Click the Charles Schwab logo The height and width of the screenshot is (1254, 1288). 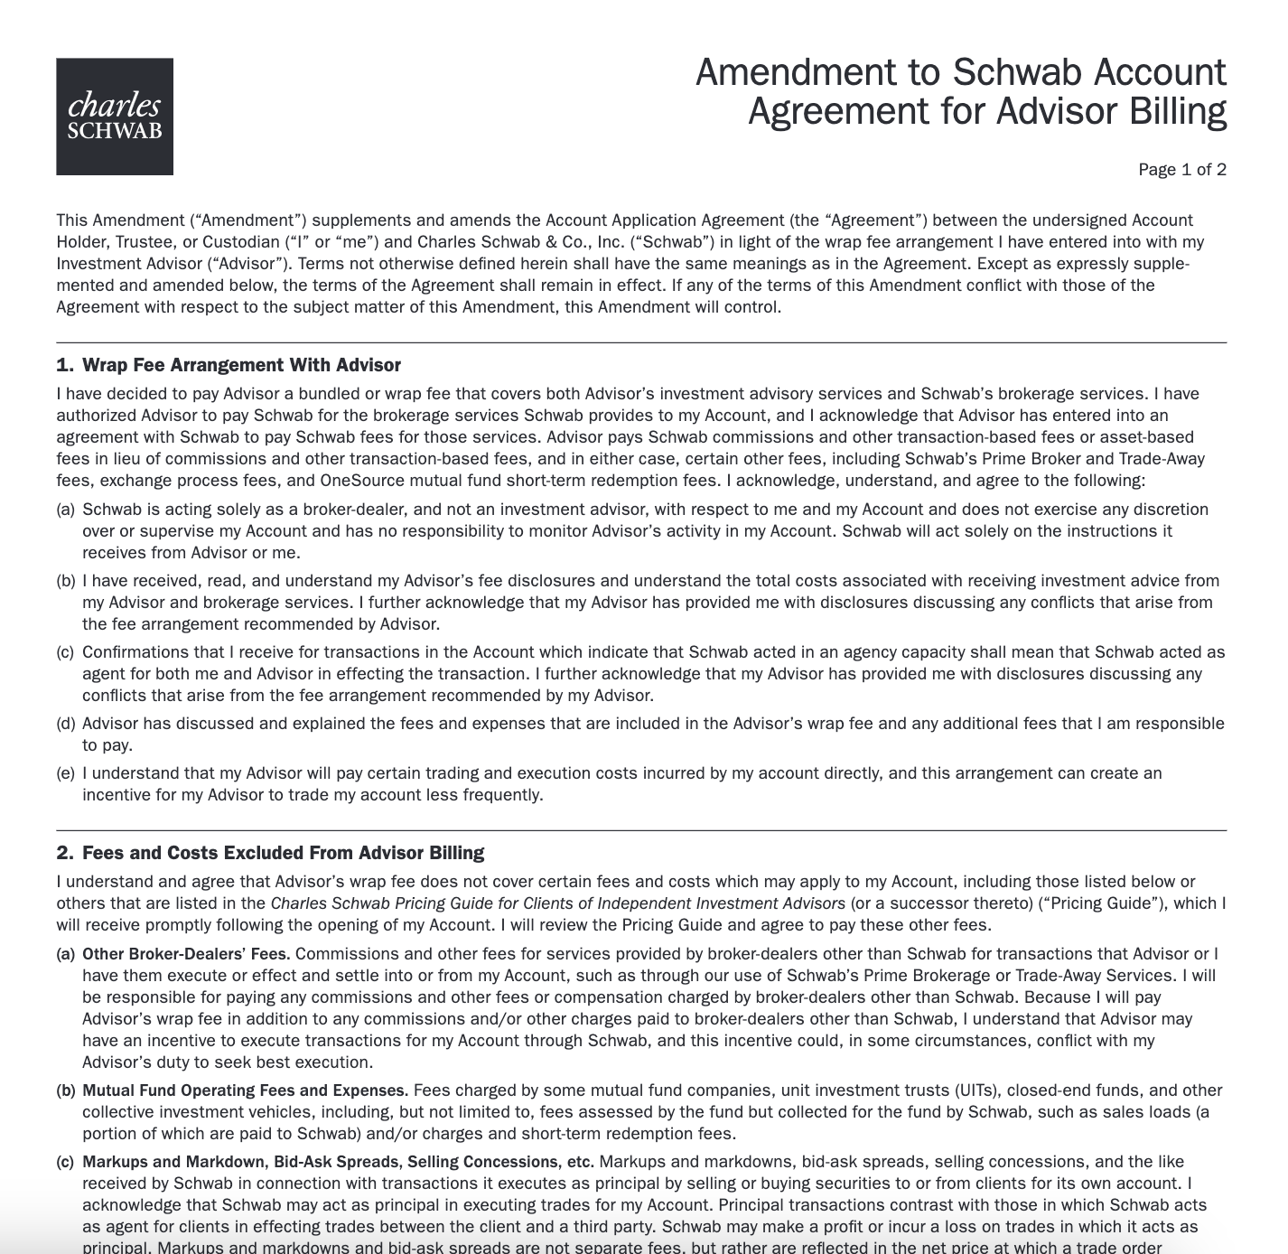pos(115,117)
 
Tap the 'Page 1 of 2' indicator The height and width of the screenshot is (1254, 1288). pos(1181,170)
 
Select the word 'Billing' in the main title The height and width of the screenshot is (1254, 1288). pos(1178,111)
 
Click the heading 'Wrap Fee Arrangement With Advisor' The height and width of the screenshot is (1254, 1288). pos(241,365)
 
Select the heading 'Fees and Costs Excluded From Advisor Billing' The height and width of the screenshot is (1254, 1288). pos(283,853)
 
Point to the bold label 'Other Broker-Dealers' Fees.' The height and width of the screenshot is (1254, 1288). pos(186,954)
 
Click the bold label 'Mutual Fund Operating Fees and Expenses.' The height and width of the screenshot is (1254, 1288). pos(245,1090)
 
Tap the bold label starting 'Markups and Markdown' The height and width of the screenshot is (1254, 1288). pos(338,1162)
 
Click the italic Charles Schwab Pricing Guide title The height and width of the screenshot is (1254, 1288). pos(557,903)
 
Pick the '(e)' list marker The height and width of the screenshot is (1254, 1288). pos(65,773)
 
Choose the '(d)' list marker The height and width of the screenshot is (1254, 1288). pos(65,724)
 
